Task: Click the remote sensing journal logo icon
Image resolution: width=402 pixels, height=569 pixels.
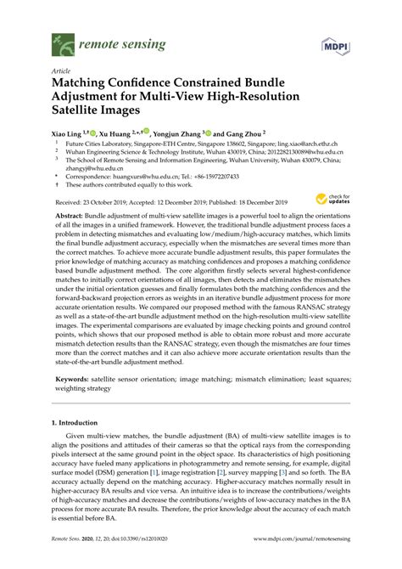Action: click(61, 39)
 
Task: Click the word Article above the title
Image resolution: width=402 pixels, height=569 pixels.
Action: click(61, 72)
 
